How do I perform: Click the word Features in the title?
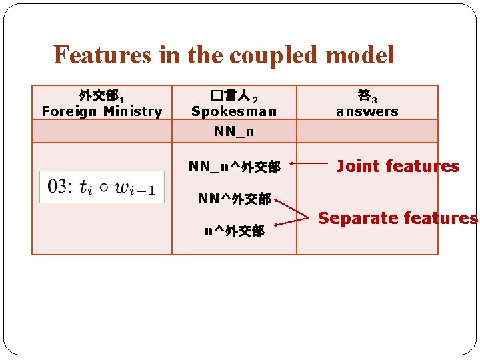[x=103, y=55]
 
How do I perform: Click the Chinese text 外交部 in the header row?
[x=98, y=95]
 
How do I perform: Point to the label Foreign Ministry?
[x=102, y=111]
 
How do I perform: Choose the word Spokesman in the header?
[x=234, y=111]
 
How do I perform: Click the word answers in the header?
[x=367, y=111]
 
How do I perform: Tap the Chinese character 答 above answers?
[x=363, y=95]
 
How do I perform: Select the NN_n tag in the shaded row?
[x=234, y=131]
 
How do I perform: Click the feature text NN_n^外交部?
[x=234, y=166]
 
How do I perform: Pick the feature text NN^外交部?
[x=234, y=199]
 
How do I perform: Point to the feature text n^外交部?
[x=234, y=231]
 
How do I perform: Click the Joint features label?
[x=397, y=166]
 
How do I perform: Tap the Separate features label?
[x=397, y=218]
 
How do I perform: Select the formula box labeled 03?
[x=102, y=187]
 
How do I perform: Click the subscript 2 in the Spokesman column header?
[x=254, y=99]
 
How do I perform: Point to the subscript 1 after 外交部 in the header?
[x=122, y=99]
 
